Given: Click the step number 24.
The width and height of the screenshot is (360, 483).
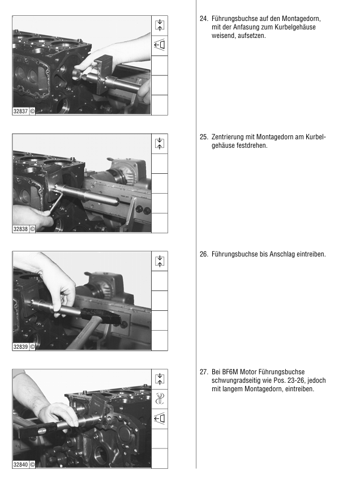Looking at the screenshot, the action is point(204,19).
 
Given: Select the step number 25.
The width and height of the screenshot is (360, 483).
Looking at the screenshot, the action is point(204,137).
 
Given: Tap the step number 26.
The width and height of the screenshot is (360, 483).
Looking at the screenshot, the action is point(204,254).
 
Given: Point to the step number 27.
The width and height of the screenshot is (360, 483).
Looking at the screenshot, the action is point(204,372).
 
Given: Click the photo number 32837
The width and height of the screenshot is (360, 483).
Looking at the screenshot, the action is point(20,111).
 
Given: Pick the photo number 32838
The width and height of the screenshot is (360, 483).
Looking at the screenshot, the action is point(20,229).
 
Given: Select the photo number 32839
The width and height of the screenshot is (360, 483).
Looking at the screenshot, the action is point(20,347).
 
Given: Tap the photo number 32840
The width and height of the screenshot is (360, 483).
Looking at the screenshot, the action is point(20,464).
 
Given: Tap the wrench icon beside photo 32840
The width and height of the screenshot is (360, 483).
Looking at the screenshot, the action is point(160,399).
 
